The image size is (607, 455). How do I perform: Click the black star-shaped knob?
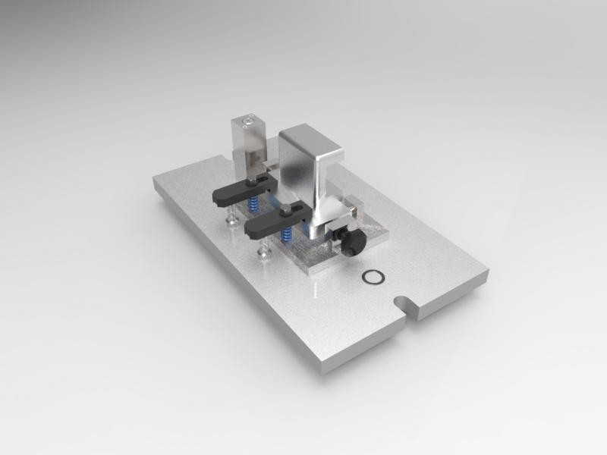tap(354, 243)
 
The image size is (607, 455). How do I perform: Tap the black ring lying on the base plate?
tap(373, 277)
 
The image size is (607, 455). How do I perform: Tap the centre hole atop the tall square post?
tap(247, 120)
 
